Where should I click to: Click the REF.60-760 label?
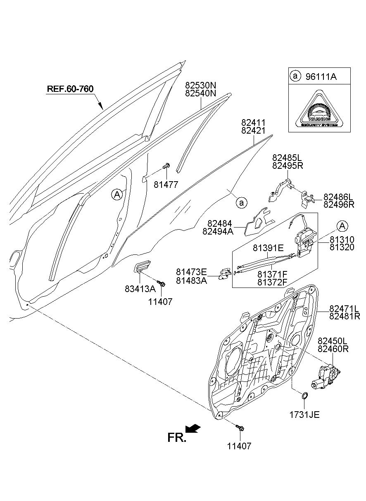pyautogui.click(x=70, y=89)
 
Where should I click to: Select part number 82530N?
pyautogui.click(x=201, y=85)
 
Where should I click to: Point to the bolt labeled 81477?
pyautogui.click(x=167, y=166)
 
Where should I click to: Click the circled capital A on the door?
pyautogui.click(x=117, y=194)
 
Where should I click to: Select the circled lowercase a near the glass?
pyautogui.click(x=241, y=203)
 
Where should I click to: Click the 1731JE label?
pyautogui.click(x=304, y=414)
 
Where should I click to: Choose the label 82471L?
pyautogui.click(x=344, y=309)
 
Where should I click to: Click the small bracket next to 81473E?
pyautogui.click(x=225, y=273)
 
